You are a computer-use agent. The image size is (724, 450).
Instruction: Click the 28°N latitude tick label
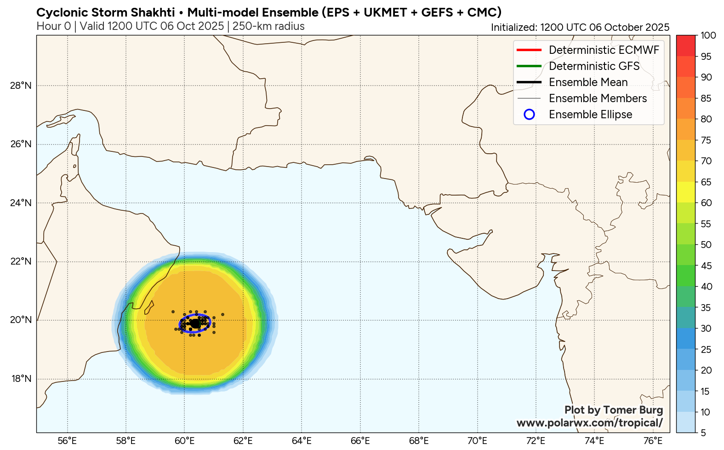click(x=21, y=86)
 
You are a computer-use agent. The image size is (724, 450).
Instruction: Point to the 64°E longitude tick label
click(x=302, y=441)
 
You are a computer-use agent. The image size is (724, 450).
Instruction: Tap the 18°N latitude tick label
click(x=21, y=379)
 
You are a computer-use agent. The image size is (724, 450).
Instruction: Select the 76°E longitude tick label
click(x=653, y=441)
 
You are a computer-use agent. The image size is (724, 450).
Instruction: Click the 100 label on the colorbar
click(x=708, y=35)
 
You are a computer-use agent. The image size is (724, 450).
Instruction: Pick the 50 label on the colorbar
click(x=706, y=245)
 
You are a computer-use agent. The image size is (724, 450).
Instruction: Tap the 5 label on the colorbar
click(x=703, y=433)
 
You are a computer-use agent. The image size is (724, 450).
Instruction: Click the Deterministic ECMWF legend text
click(x=604, y=50)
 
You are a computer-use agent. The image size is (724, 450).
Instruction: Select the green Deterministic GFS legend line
click(x=529, y=66)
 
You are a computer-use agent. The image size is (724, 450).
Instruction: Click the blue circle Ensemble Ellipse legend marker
click(x=529, y=115)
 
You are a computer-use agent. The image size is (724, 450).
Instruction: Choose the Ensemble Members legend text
click(x=598, y=98)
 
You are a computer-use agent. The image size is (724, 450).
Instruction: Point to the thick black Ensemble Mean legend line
click(x=529, y=82)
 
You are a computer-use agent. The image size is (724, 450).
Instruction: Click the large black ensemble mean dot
click(x=195, y=324)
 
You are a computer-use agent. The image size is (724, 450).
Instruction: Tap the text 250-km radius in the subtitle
click(x=268, y=26)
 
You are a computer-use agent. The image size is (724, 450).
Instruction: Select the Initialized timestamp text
click(x=580, y=27)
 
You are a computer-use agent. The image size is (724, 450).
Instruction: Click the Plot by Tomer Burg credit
click(x=613, y=410)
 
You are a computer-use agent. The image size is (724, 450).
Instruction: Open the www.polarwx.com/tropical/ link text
click(x=589, y=423)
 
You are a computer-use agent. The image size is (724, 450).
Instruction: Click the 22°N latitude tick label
click(x=21, y=261)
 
